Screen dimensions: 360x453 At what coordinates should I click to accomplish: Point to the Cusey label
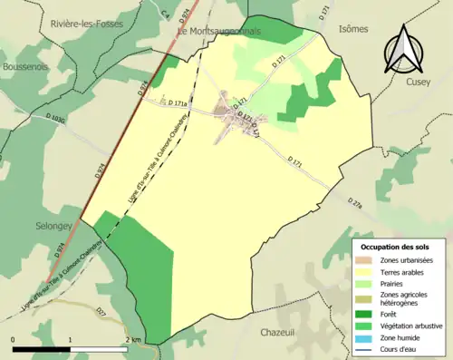pos(431,81)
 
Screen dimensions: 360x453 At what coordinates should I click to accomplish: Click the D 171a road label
pos(179,103)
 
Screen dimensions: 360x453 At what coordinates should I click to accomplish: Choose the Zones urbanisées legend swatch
pos(366,261)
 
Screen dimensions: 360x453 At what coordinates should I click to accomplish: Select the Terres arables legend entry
pos(403,271)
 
